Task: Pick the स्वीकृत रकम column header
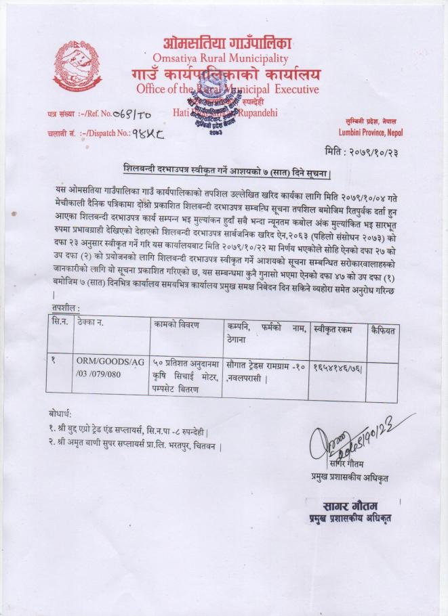[338, 330]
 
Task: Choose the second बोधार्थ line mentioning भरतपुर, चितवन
[136, 447]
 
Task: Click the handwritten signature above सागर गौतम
[342, 443]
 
